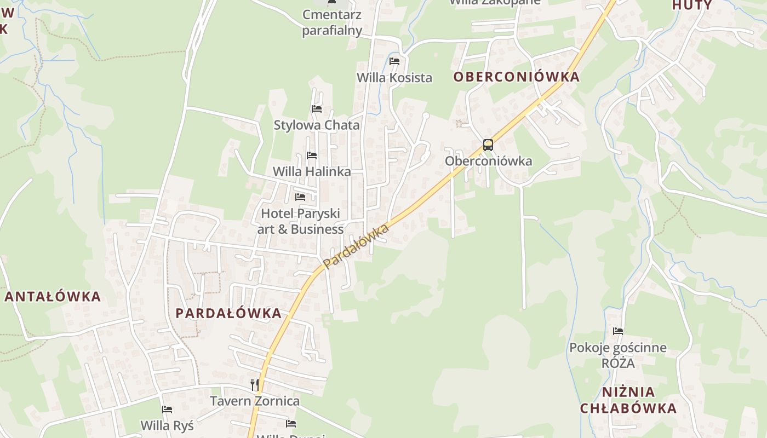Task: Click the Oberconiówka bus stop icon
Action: tap(488, 145)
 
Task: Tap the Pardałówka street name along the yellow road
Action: tap(356, 246)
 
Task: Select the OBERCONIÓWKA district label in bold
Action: tap(516, 77)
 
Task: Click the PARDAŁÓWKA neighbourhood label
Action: tap(228, 313)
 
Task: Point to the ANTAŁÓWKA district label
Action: tap(53, 297)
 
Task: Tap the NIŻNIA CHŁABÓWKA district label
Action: tap(628, 400)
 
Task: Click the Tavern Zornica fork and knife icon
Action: tap(255, 384)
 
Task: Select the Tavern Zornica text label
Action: tap(255, 401)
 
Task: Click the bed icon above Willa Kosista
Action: tap(394, 61)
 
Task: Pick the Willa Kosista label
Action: tap(394, 78)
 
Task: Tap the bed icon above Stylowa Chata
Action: tap(317, 109)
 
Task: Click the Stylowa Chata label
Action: tap(317, 125)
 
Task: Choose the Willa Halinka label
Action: tap(312, 171)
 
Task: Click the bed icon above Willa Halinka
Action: tap(312, 155)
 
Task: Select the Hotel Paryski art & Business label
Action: tap(300, 221)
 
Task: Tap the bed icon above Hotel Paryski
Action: tap(300, 197)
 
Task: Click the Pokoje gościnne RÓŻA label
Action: tap(618, 355)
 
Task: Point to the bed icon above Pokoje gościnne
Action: tap(618, 331)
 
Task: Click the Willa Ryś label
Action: tap(167, 425)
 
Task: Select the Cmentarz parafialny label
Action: tap(332, 22)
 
